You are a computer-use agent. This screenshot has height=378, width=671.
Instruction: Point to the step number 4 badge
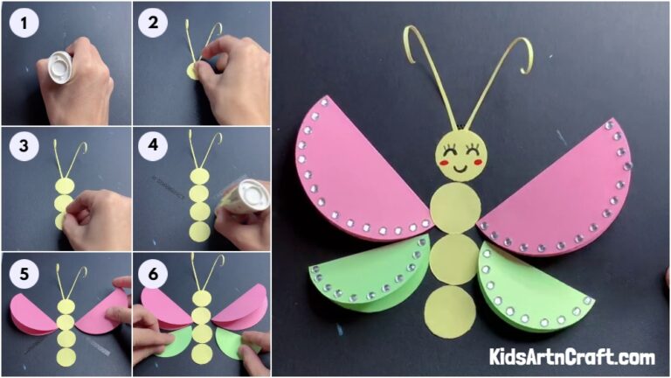[153, 147]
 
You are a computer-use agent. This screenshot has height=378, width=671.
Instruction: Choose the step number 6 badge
[153, 273]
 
